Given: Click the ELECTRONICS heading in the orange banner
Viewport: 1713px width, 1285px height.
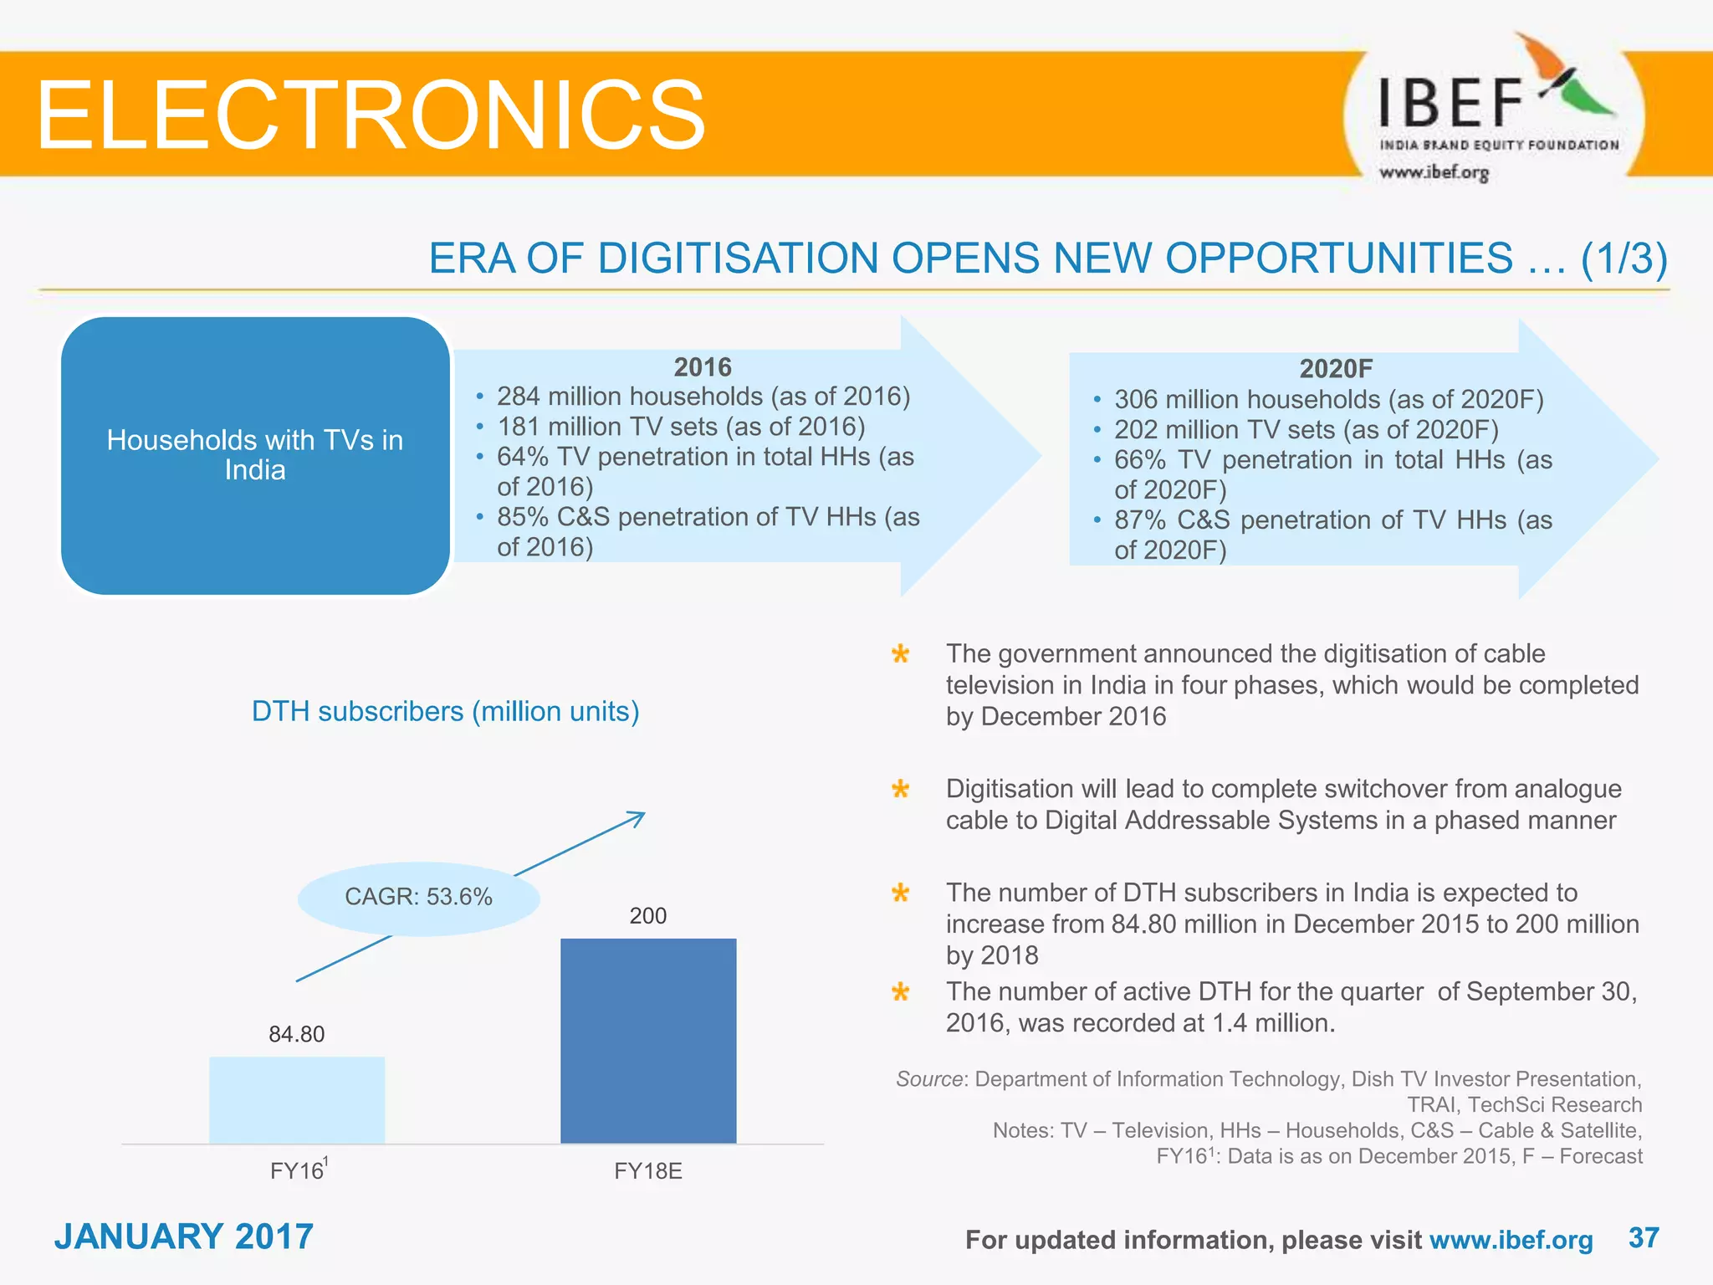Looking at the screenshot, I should [371, 115].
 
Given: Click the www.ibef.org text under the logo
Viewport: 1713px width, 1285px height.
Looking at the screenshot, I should [1434, 172].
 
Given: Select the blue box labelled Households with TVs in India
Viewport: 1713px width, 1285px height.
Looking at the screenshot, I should [255, 455].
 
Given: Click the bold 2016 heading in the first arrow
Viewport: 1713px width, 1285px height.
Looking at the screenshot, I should [702, 366].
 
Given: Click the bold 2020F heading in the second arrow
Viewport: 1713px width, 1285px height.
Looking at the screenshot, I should [1335, 368].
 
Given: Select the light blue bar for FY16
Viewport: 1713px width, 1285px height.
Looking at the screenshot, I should [297, 1099].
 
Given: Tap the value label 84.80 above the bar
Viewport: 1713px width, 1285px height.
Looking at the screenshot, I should [296, 1034].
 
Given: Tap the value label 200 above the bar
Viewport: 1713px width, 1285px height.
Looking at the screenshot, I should [647, 915].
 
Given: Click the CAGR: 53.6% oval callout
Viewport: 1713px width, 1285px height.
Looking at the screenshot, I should [418, 897].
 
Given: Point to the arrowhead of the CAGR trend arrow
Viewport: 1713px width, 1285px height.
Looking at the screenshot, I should [638, 817].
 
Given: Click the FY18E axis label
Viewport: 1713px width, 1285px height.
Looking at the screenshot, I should [647, 1170].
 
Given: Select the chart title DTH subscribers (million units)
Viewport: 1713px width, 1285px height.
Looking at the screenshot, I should [445, 711].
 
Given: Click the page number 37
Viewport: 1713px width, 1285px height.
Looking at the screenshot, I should [1644, 1237].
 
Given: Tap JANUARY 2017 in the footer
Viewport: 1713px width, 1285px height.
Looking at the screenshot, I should [183, 1236].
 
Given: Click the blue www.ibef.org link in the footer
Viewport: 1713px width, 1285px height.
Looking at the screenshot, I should [1511, 1239].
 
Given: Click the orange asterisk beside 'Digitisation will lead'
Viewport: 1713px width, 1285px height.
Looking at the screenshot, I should [900, 789].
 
